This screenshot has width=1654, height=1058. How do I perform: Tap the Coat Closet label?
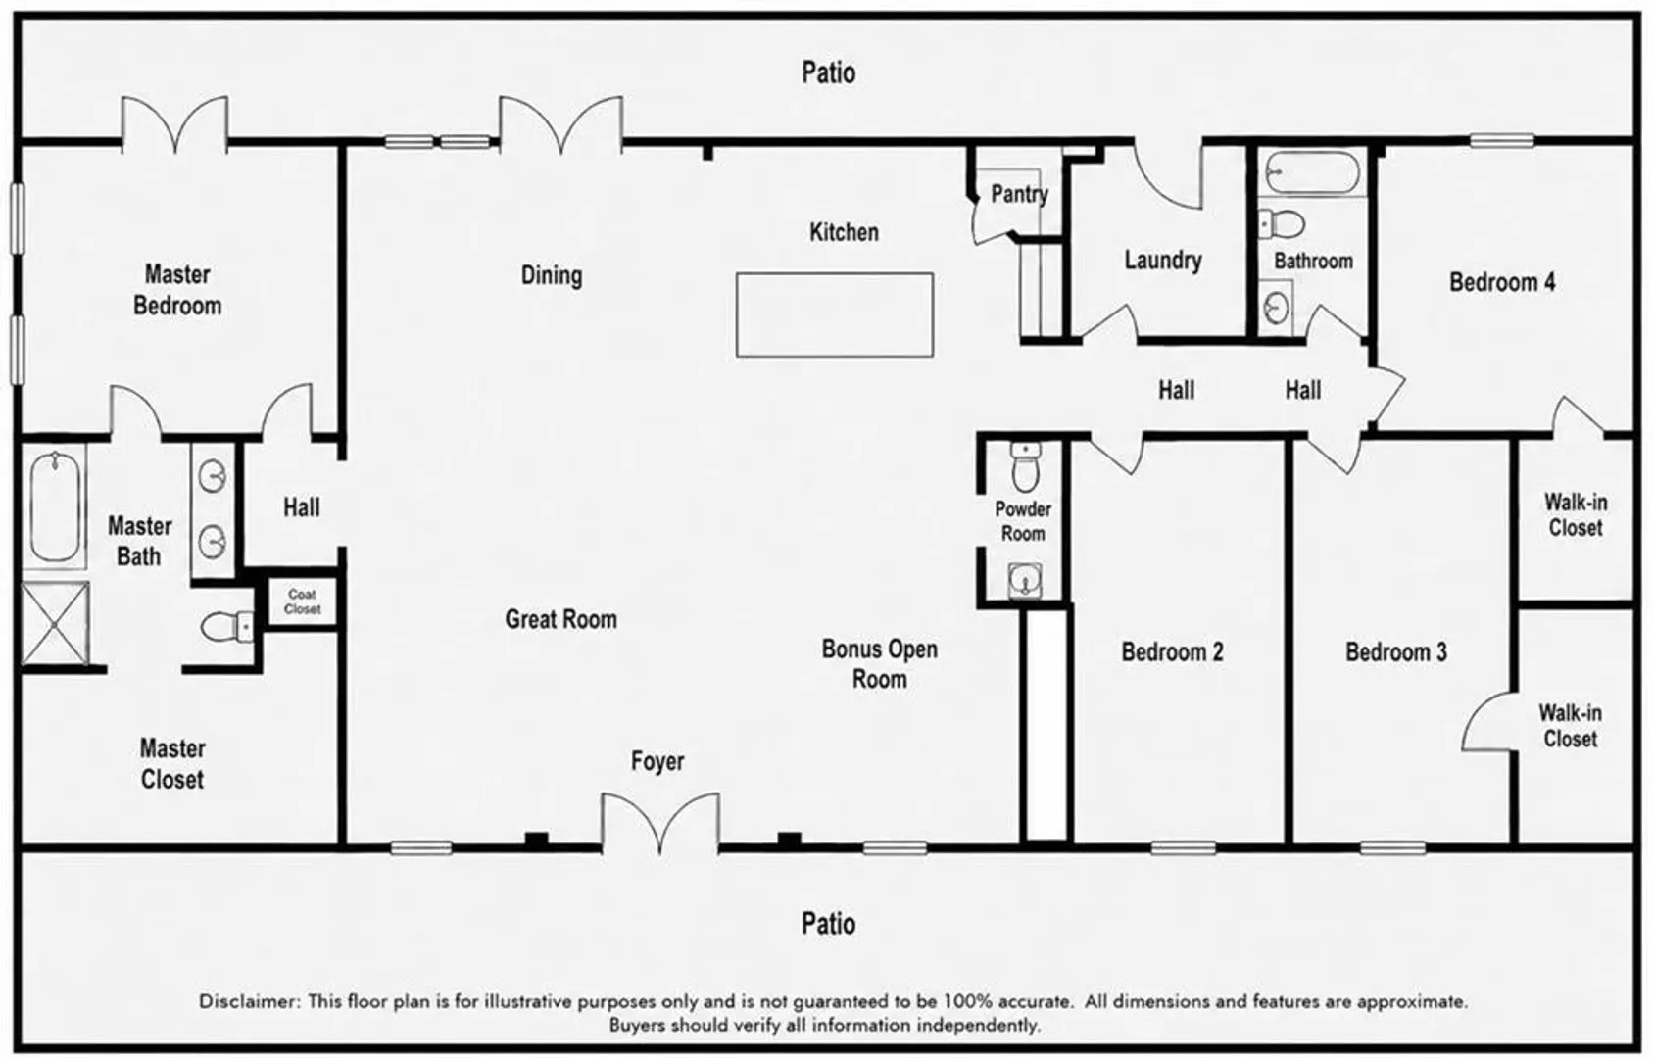click(302, 601)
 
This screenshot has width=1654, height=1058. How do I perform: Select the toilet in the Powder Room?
click(1025, 467)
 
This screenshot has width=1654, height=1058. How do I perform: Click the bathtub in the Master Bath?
click(55, 506)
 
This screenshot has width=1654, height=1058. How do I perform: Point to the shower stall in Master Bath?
click(55, 623)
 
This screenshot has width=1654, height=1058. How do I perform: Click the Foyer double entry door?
click(660, 824)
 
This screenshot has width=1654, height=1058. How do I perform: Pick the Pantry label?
click(1019, 194)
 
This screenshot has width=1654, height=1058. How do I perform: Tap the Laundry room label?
click(1163, 260)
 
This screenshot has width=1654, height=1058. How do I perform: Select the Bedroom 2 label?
click(1173, 651)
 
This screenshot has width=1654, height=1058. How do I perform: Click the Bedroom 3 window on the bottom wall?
click(1392, 848)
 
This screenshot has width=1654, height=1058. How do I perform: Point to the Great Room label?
click(561, 619)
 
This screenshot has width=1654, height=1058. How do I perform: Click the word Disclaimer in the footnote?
click(250, 1002)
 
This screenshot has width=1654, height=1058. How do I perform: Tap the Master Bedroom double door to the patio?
click(174, 124)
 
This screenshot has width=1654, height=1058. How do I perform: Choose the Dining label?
click(552, 275)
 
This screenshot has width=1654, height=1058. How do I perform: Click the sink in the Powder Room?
click(1025, 580)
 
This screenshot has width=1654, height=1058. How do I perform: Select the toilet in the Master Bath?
click(227, 627)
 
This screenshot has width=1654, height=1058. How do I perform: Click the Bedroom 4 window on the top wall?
click(1502, 140)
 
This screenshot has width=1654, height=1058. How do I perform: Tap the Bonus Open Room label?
click(880, 664)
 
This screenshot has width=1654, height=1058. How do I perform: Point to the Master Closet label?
click(172, 763)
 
